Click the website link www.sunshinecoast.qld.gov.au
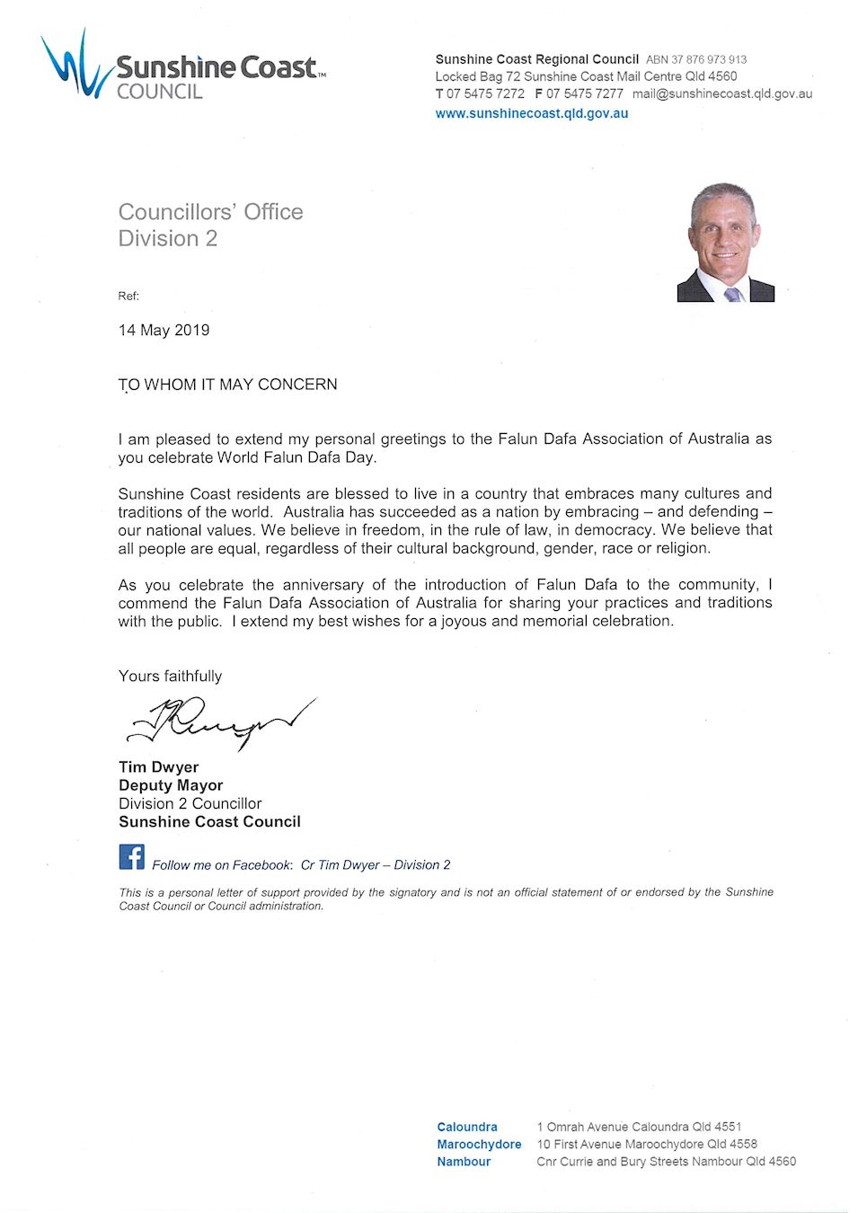532,113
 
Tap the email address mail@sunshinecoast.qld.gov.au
721,93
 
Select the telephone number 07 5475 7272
485,93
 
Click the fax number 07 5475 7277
584,93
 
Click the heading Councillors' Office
210,212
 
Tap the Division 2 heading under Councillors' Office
168,238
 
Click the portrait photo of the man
725,242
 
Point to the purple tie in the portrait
732,294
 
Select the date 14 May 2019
164,330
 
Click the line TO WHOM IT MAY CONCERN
227,385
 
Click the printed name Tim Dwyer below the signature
158,766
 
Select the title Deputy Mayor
171,784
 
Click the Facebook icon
132,856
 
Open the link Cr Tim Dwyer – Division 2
376,864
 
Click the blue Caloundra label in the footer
466,1127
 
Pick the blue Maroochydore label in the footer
479,1144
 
